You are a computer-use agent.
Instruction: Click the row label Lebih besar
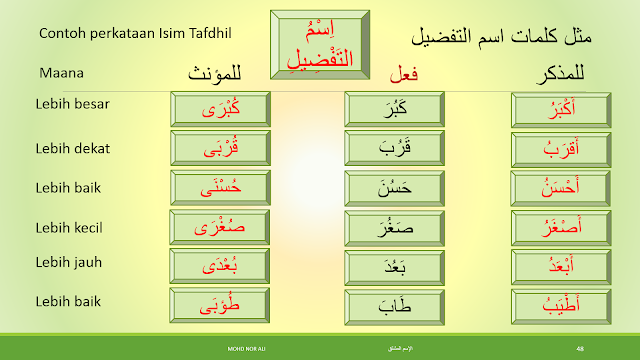click(75, 103)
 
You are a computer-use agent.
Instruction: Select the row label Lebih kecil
click(74, 227)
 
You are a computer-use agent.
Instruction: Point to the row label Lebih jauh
click(73, 264)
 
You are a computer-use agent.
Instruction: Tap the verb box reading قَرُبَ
click(394, 148)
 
